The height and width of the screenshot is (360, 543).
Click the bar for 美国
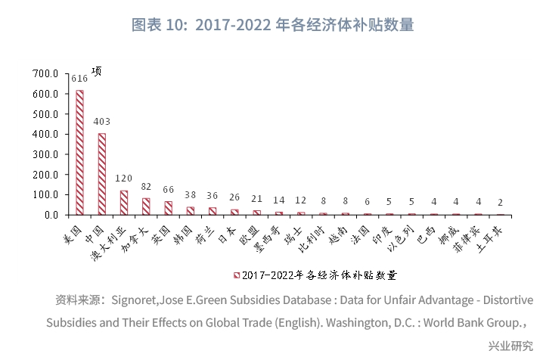click(x=79, y=152)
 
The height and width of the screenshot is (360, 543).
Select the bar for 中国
click(x=101, y=174)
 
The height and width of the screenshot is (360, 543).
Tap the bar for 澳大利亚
click(x=123, y=202)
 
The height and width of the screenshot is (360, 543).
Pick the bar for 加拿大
click(x=146, y=206)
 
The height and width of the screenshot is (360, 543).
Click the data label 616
click(x=79, y=79)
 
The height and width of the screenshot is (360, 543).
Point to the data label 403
click(x=101, y=122)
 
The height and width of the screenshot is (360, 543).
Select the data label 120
click(x=123, y=178)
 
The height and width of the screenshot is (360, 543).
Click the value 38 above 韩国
click(x=190, y=195)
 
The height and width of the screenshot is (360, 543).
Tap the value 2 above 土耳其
click(x=500, y=203)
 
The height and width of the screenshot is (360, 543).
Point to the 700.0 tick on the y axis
click(x=45, y=74)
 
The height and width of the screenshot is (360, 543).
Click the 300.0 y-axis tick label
click(x=45, y=154)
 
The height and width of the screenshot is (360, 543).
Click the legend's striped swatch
click(x=237, y=275)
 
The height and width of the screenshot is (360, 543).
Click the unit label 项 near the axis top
click(x=96, y=72)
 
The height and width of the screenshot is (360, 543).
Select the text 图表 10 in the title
click(x=157, y=24)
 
